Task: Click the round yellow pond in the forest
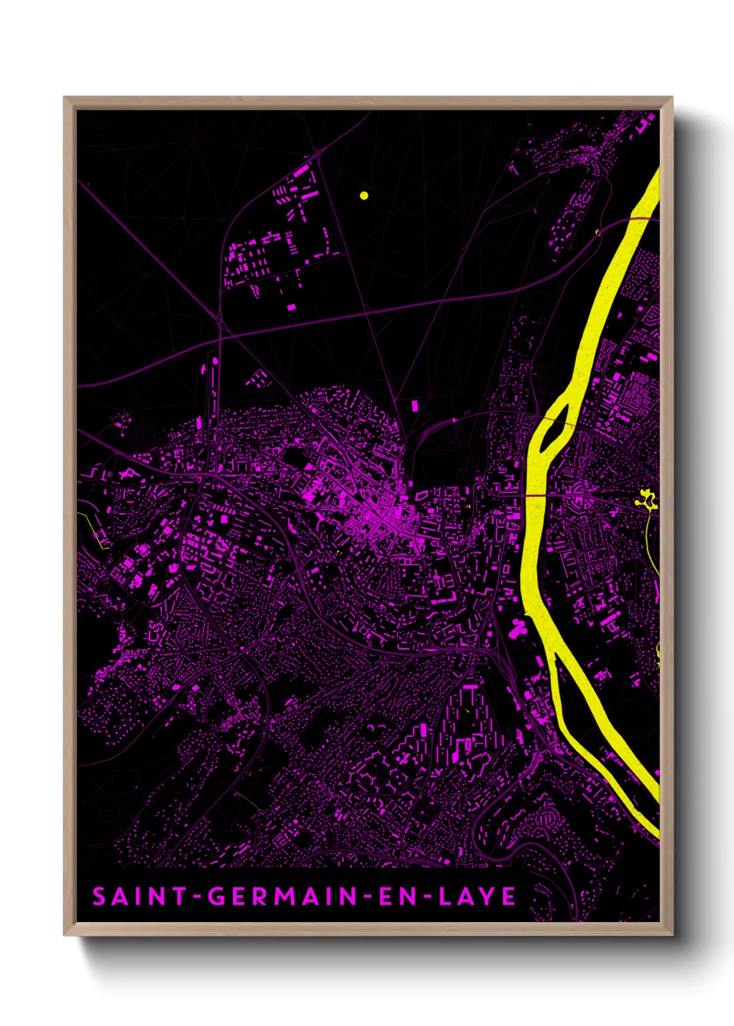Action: [364, 195]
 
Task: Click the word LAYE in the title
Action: [477, 896]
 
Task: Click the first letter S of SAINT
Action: [99, 896]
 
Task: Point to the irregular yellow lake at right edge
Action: [647, 498]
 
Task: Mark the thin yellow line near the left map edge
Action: [94, 528]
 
